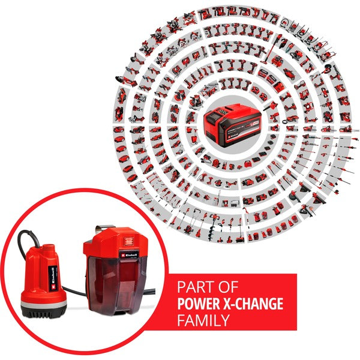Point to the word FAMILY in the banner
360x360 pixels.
(203, 320)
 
